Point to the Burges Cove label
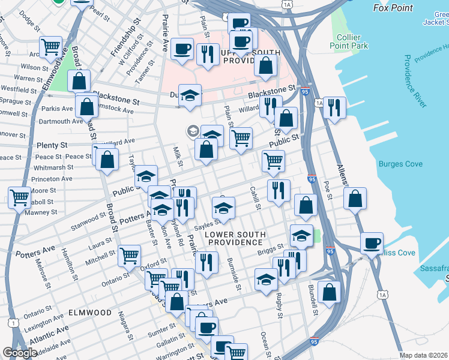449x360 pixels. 400,164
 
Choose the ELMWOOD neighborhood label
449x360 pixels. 90,313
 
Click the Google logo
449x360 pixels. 20,353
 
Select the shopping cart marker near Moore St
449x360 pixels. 20,196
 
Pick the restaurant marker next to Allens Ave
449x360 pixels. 334,107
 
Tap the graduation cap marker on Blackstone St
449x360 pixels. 190,95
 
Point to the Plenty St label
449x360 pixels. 52,146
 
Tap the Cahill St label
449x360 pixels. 255,198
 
